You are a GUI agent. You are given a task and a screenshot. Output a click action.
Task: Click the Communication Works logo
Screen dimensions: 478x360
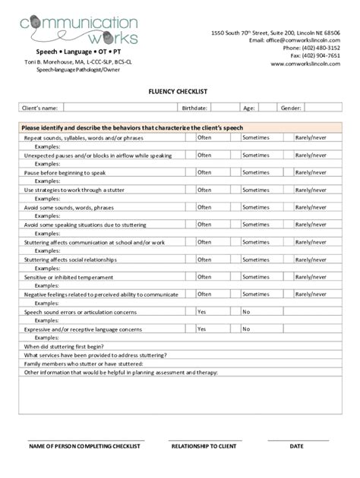click(80, 29)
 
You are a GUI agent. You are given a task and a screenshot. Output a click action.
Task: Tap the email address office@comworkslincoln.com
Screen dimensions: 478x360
click(298, 40)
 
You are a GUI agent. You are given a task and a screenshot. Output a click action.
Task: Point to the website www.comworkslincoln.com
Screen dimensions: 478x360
click(305, 64)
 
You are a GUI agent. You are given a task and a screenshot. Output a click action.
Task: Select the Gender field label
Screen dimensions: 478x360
click(291, 108)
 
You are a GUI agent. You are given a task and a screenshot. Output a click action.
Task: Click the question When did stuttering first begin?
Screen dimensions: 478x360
click(64, 346)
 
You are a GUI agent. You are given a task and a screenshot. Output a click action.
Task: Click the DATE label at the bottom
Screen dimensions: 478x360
click(296, 446)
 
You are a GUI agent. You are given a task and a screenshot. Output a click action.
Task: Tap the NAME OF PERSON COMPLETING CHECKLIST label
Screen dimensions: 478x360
click(85, 446)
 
